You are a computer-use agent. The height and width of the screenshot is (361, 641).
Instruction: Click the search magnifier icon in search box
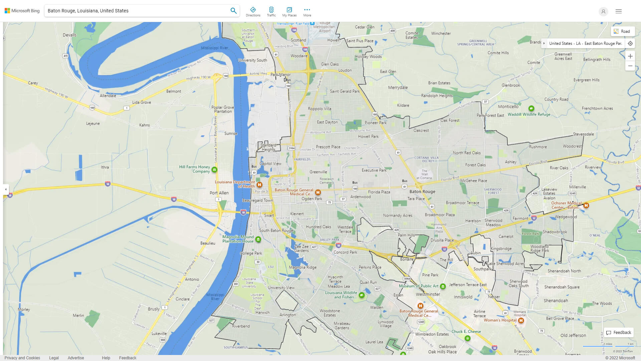(x=233, y=11)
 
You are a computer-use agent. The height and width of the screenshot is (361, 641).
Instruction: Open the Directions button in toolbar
(x=253, y=11)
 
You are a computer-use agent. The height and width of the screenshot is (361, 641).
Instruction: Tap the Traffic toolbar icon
(x=271, y=11)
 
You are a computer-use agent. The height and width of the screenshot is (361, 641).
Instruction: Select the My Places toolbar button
(x=289, y=11)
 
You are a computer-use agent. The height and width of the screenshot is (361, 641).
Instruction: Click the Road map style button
(x=622, y=31)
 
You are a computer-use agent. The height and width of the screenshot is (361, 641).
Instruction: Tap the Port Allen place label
(x=219, y=193)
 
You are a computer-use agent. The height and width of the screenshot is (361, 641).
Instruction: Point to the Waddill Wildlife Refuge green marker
(x=531, y=108)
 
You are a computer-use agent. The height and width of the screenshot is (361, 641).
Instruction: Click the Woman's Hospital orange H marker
(x=521, y=320)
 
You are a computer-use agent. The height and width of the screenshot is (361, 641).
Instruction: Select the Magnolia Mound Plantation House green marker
(x=258, y=239)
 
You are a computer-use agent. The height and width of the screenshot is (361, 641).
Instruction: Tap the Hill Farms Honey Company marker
(x=214, y=169)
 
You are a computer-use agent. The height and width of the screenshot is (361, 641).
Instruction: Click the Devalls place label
(x=69, y=35)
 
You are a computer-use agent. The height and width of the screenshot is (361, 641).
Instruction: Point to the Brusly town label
(x=154, y=309)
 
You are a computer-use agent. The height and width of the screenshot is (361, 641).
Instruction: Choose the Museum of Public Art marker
(x=443, y=286)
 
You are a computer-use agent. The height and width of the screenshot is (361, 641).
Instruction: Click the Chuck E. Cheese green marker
(x=467, y=338)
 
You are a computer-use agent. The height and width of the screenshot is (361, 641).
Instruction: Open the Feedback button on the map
(x=619, y=332)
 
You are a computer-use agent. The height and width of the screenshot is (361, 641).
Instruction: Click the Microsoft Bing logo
(x=22, y=11)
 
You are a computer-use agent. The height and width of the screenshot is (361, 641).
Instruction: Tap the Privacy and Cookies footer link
(x=22, y=358)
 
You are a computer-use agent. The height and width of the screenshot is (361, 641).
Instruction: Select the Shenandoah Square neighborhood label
(x=562, y=287)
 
